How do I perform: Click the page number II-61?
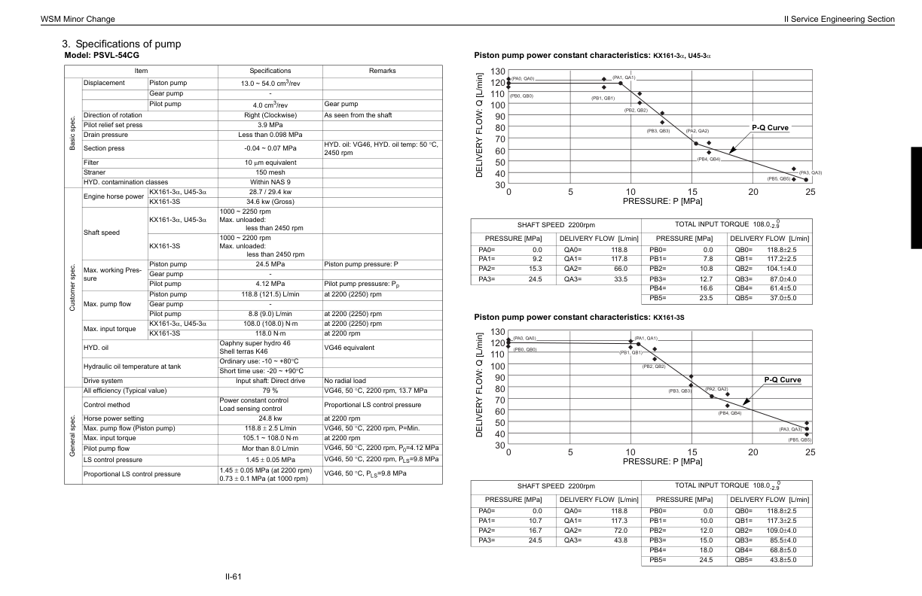coord(231,577)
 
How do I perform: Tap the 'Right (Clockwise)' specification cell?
coord(270,114)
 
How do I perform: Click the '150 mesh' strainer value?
coord(270,172)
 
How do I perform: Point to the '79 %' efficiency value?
coord(270,391)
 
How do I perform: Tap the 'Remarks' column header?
coord(381,71)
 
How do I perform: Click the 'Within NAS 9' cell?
coord(270,182)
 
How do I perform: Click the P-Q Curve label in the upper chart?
coord(770,128)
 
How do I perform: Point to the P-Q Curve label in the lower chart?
coord(783,380)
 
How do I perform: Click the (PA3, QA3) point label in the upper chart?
coord(810,173)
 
